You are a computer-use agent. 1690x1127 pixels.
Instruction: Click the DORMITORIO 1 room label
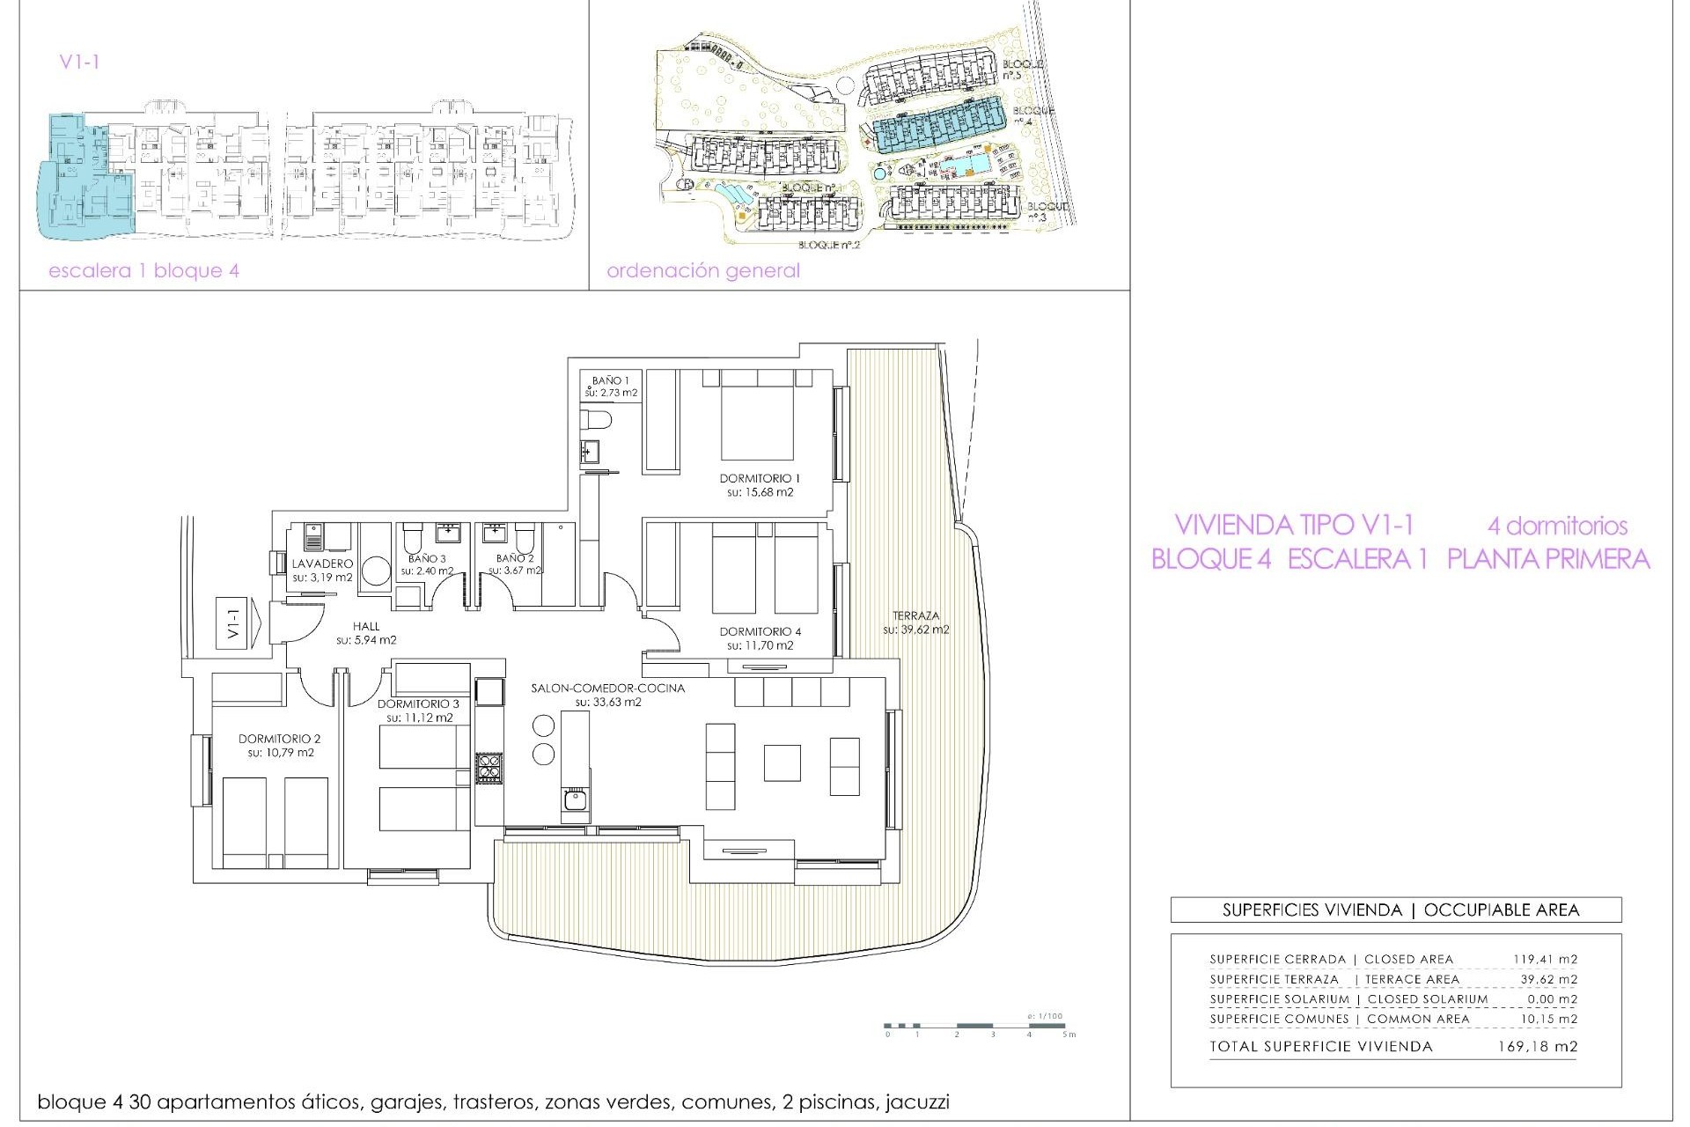tap(760, 479)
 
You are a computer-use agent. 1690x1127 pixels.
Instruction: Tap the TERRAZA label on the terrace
tap(915, 616)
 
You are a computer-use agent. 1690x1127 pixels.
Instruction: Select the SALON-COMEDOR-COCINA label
tap(607, 689)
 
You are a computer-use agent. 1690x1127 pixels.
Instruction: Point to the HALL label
tap(366, 627)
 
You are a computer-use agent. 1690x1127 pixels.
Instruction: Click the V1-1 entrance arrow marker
tap(239, 623)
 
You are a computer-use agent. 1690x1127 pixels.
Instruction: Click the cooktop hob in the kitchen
tap(489, 769)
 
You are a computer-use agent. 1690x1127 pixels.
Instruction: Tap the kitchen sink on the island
tap(575, 800)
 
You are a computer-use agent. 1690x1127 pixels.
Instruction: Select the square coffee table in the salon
tap(782, 762)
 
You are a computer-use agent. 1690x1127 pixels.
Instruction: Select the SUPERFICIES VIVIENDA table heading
tap(1395, 910)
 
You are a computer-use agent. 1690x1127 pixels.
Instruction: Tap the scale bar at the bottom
tap(977, 1026)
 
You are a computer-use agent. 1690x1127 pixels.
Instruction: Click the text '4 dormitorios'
tap(1557, 527)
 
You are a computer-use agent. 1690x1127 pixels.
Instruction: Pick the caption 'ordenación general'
tap(703, 271)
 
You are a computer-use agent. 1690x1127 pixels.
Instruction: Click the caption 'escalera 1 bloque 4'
tap(143, 271)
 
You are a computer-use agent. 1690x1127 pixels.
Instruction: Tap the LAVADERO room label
tap(322, 563)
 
